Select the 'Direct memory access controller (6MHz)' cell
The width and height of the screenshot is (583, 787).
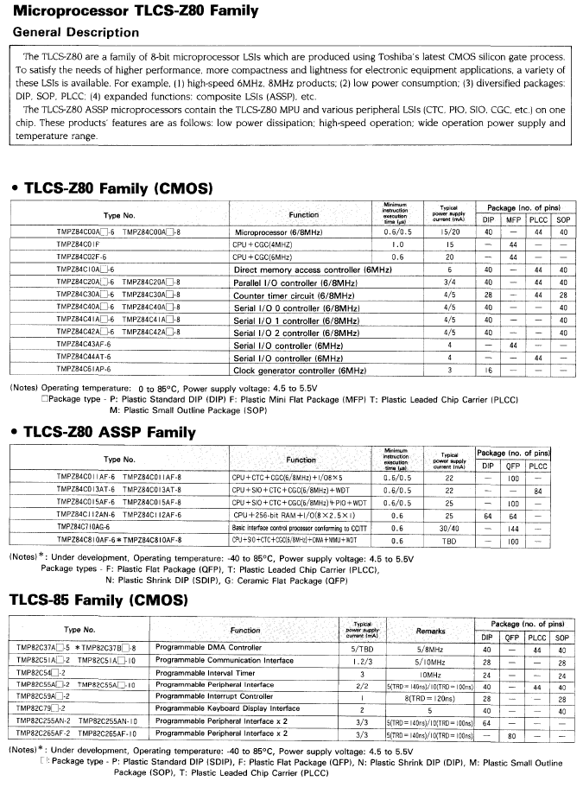(313, 270)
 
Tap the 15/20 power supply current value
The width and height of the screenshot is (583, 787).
(449, 232)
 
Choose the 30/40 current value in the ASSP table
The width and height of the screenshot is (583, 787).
(449, 526)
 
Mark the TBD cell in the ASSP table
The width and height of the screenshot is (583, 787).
(449, 541)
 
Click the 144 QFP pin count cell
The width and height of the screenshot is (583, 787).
(513, 526)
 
